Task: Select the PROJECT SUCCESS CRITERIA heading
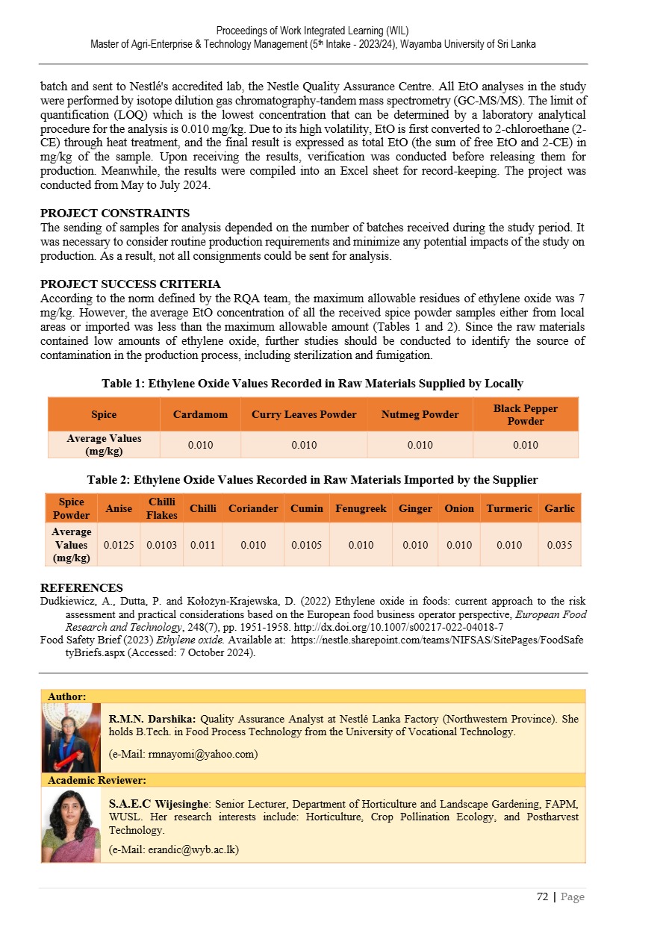tap(130, 284)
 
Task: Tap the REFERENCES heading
tap(81, 588)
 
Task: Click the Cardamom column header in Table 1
tap(200, 414)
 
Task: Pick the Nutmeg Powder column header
tap(420, 414)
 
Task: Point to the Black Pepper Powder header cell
tap(525, 414)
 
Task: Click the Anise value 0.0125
tap(119, 545)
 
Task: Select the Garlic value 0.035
tap(559, 545)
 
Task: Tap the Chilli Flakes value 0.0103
tap(161, 545)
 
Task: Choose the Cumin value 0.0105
tap(306, 545)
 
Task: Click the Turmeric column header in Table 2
tap(509, 508)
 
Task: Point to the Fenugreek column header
tap(361, 508)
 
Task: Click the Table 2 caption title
tap(312, 479)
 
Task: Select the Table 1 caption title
tap(312, 384)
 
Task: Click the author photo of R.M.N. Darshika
tap(71, 737)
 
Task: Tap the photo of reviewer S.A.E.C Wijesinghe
tap(71, 825)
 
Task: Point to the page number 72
tap(542, 896)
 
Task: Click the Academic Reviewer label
tap(97, 780)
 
